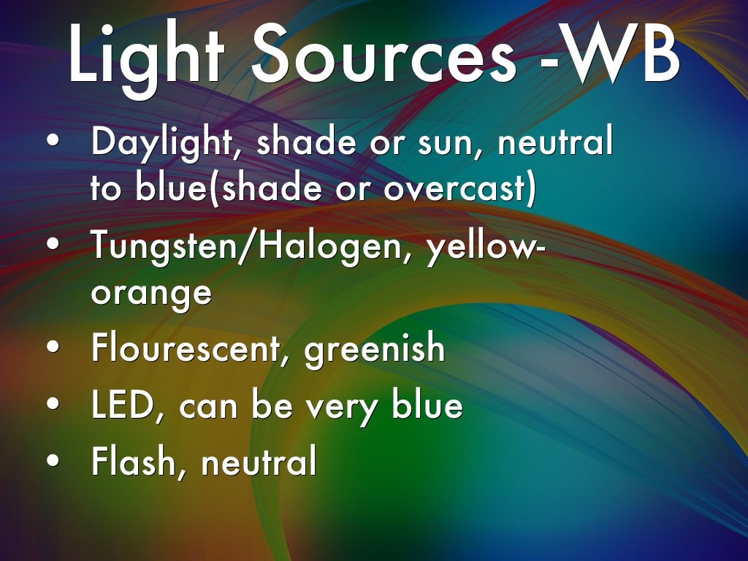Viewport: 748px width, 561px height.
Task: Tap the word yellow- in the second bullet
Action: (486, 246)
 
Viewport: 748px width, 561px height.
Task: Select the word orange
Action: (151, 294)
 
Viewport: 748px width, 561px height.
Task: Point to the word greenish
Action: (375, 349)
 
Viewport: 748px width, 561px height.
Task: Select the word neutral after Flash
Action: (259, 461)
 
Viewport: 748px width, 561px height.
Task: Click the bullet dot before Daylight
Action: (53, 142)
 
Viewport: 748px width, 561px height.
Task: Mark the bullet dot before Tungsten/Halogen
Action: (53, 244)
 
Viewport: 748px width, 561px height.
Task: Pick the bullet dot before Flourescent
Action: (53, 347)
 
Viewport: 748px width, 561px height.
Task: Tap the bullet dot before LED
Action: (53, 403)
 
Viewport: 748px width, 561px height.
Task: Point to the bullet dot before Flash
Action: (53, 460)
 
